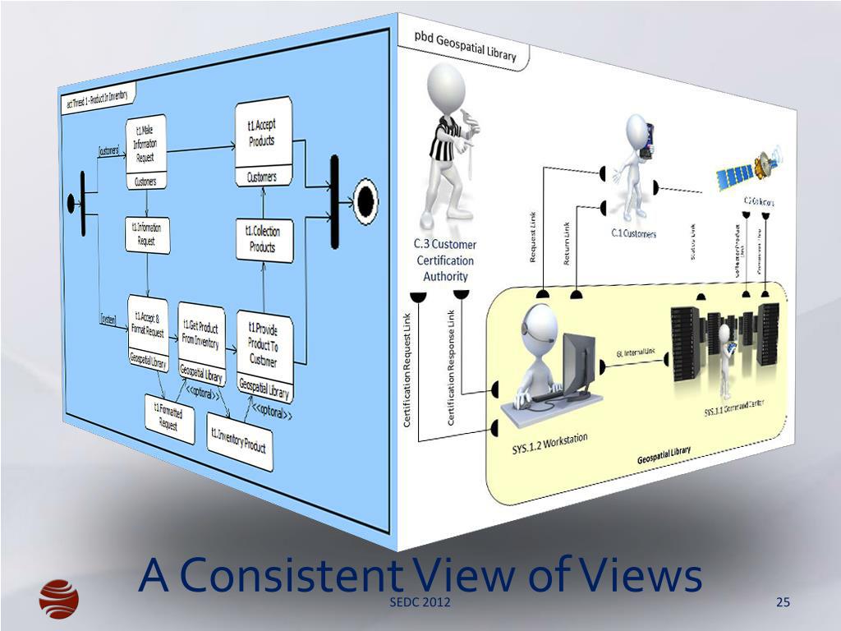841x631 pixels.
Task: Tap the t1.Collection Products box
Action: tap(262, 240)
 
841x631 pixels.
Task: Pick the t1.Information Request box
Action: tap(147, 234)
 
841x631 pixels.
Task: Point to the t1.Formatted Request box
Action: tap(170, 418)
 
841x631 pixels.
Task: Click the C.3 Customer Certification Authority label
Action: tap(445, 260)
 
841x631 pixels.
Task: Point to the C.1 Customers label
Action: tap(633, 234)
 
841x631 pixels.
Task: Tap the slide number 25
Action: tap(783, 605)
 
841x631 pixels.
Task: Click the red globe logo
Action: tap(59, 597)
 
